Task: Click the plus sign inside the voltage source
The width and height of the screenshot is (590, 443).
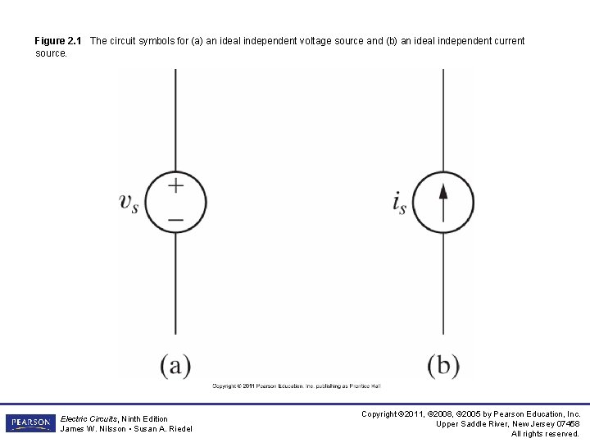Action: point(175,185)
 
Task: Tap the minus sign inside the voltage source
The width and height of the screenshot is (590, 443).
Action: point(175,218)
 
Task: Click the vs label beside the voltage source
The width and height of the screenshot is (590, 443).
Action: point(129,202)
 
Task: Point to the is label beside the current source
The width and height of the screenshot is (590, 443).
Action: point(399,202)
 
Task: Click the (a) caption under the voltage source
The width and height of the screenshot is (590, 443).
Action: point(175,365)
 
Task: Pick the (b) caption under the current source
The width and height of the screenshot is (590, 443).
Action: point(443,365)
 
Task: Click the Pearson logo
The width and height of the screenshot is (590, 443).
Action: point(29,423)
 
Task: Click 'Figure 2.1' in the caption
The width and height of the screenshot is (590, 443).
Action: point(58,41)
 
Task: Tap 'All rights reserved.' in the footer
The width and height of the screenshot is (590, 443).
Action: point(546,433)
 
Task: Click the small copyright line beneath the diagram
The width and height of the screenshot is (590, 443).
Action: point(297,386)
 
